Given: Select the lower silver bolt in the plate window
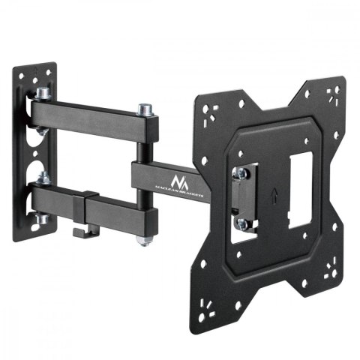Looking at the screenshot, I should pos(241,223).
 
